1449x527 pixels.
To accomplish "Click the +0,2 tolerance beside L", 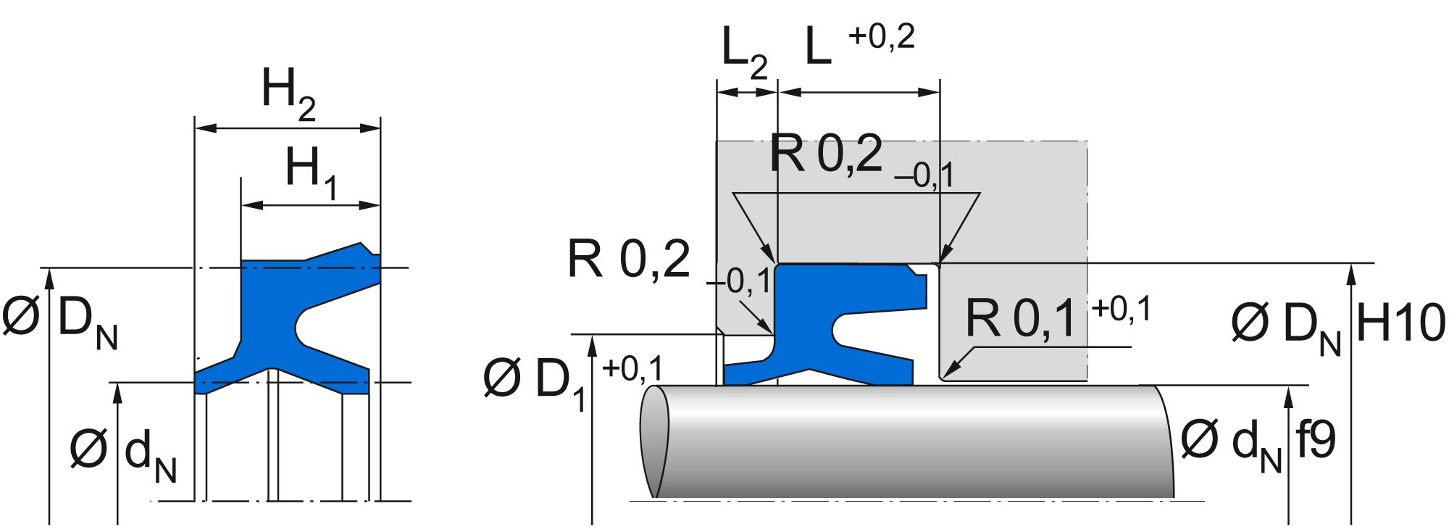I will click(x=881, y=36).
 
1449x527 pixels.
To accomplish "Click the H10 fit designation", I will click(x=1400, y=323).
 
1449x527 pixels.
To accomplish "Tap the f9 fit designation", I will click(x=1314, y=440).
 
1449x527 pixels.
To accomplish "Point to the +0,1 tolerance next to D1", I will click(x=632, y=369).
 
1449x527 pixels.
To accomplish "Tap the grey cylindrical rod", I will click(x=906, y=442).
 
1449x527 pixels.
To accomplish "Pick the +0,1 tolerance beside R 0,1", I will click(x=1121, y=309).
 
